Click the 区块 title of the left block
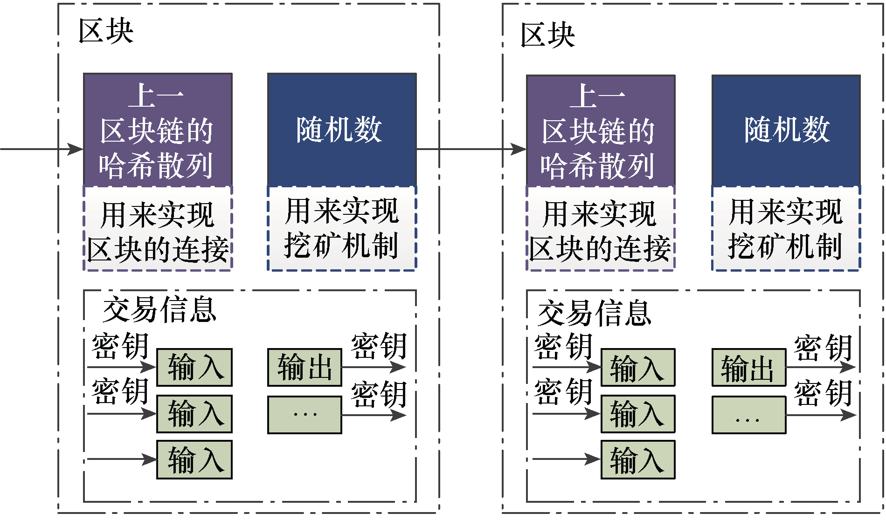click(106, 32)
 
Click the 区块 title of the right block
click(547, 35)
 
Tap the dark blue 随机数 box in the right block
click(786, 130)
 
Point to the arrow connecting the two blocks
click(471, 149)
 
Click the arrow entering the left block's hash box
click(42, 149)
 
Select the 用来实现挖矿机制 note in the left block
click(342, 228)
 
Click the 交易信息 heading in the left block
click(159, 309)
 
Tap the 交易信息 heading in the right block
click(594, 313)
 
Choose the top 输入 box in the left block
click(194, 367)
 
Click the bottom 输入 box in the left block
click(194, 460)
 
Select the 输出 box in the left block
click(305, 367)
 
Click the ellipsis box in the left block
click(305, 415)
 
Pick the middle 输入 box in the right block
click(637, 414)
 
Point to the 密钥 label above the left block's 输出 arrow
click(379, 346)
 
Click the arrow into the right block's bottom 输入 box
click(566, 459)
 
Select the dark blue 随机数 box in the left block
click(342, 130)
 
